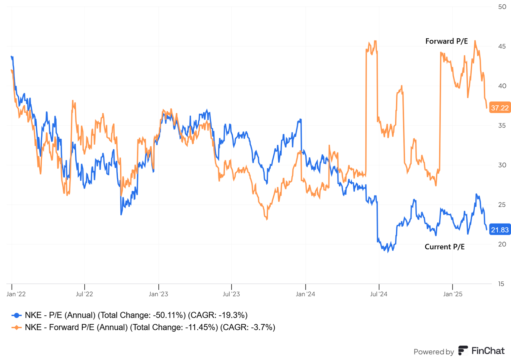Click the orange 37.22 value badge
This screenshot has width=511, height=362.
point(499,108)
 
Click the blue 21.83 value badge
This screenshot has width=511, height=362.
point(499,230)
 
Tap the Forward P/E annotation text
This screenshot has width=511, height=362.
point(446,41)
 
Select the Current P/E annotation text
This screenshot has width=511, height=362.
point(444,247)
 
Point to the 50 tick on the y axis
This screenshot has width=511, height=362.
point(502,7)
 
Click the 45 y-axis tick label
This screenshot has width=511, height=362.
point(502,47)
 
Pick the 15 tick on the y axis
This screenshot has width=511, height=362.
point(501,284)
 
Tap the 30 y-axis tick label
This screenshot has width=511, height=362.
point(502,165)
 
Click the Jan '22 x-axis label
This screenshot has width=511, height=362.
point(16,294)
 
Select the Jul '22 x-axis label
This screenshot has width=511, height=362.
point(85,294)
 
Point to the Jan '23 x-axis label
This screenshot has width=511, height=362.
point(159,294)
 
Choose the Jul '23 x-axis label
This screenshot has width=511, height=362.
point(231,294)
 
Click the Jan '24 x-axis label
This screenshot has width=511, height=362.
point(305,294)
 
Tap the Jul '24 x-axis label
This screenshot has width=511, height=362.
point(379,294)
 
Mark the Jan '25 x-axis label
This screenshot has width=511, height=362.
point(452,294)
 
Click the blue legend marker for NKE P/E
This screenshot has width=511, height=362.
point(17,315)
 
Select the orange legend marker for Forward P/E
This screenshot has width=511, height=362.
point(17,328)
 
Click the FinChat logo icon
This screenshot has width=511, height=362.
point(463,350)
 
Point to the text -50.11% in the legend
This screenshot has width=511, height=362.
point(169,315)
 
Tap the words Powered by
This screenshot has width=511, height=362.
point(433,352)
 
